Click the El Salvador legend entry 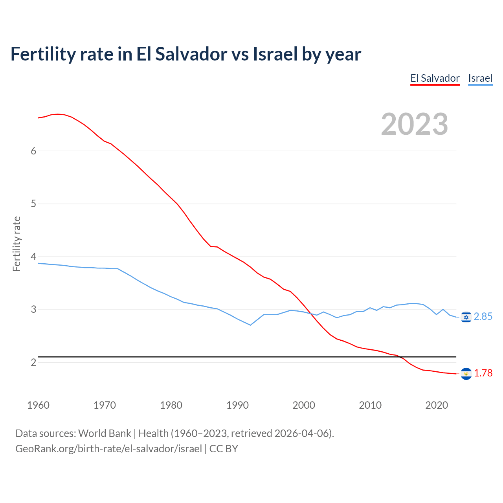click(x=435, y=78)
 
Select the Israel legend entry click(x=480, y=78)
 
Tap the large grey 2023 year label click(x=415, y=124)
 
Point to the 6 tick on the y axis click(x=33, y=151)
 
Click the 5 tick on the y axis click(x=33, y=204)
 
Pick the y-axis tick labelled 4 click(x=33, y=257)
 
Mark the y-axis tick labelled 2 click(x=33, y=362)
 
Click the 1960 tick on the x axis click(x=38, y=405)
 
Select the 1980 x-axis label click(x=171, y=405)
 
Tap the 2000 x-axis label click(x=304, y=405)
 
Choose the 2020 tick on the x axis click(x=437, y=405)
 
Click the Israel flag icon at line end click(x=466, y=317)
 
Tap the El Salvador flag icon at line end click(x=466, y=373)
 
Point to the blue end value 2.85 click(x=483, y=317)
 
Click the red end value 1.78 click(x=483, y=373)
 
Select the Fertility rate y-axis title click(x=17, y=244)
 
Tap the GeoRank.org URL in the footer click(x=108, y=449)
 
